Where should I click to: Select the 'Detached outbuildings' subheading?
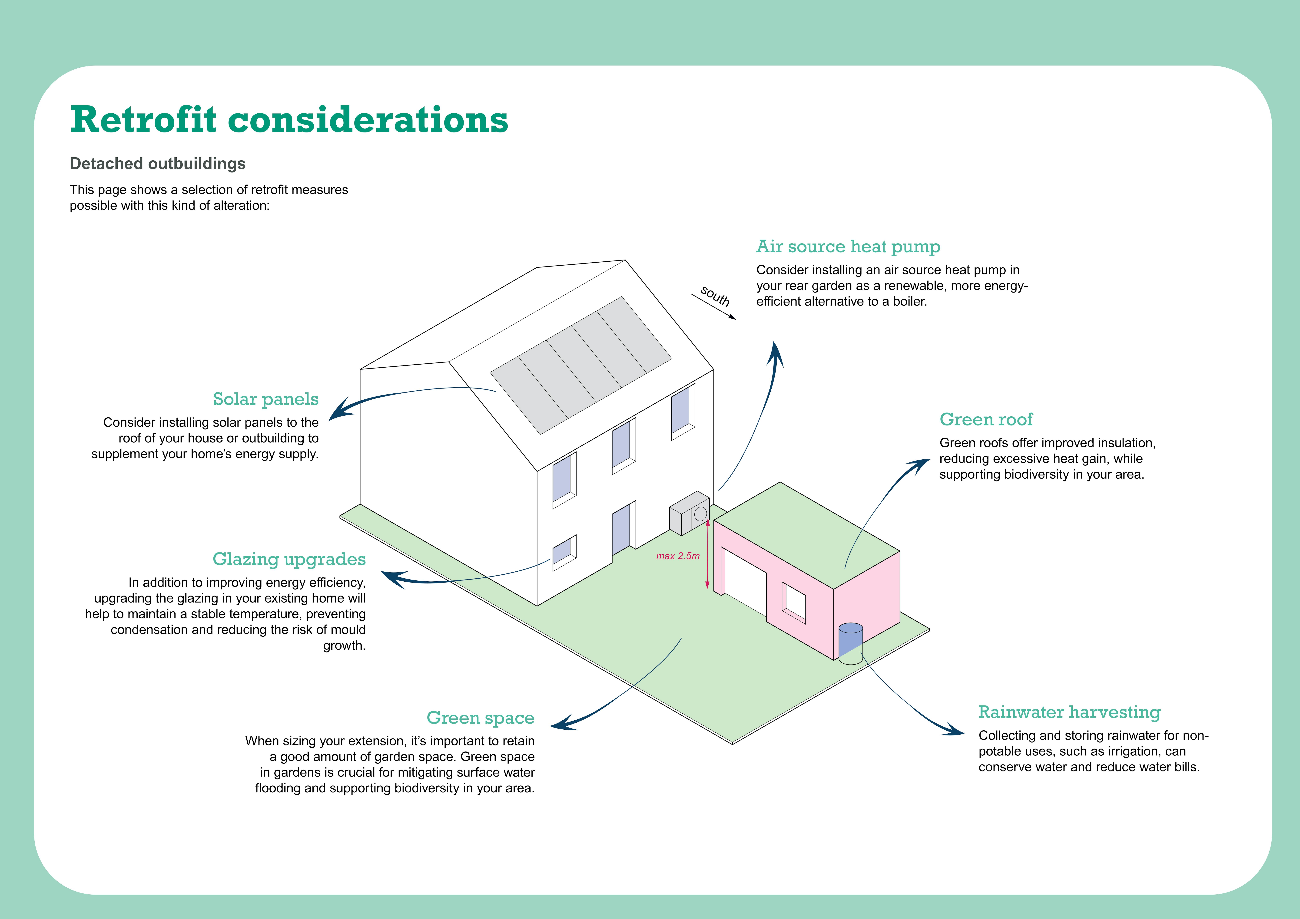click(x=157, y=164)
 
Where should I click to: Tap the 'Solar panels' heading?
click(x=265, y=399)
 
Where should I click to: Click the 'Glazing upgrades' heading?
click(x=289, y=559)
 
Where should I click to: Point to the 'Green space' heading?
click(x=480, y=718)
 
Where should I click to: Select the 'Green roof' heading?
click(x=986, y=419)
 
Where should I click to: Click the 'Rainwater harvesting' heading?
click(x=1069, y=712)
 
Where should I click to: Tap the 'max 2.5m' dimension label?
click(x=678, y=556)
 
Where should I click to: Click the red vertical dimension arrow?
click(x=707, y=555)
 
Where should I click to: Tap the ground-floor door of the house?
click(x=621, y=529)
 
